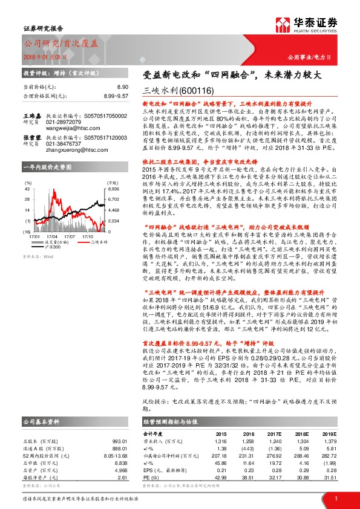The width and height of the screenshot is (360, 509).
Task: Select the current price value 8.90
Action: click(123, 88)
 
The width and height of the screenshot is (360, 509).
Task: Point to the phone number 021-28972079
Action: click(64, 121)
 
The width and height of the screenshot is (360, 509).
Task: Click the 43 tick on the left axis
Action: click(27, 189)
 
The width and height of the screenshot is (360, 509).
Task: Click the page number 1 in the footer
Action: click(336, 498)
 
